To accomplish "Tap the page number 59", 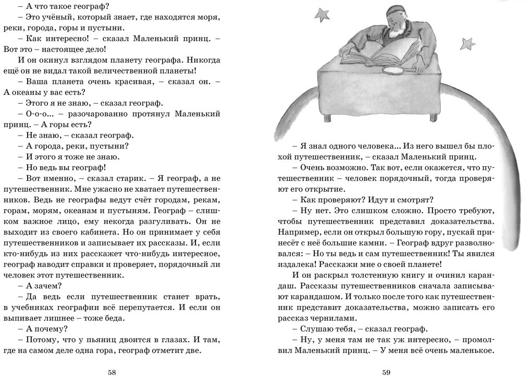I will tap(386, 372).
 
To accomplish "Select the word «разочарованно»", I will tap(86, 113).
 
